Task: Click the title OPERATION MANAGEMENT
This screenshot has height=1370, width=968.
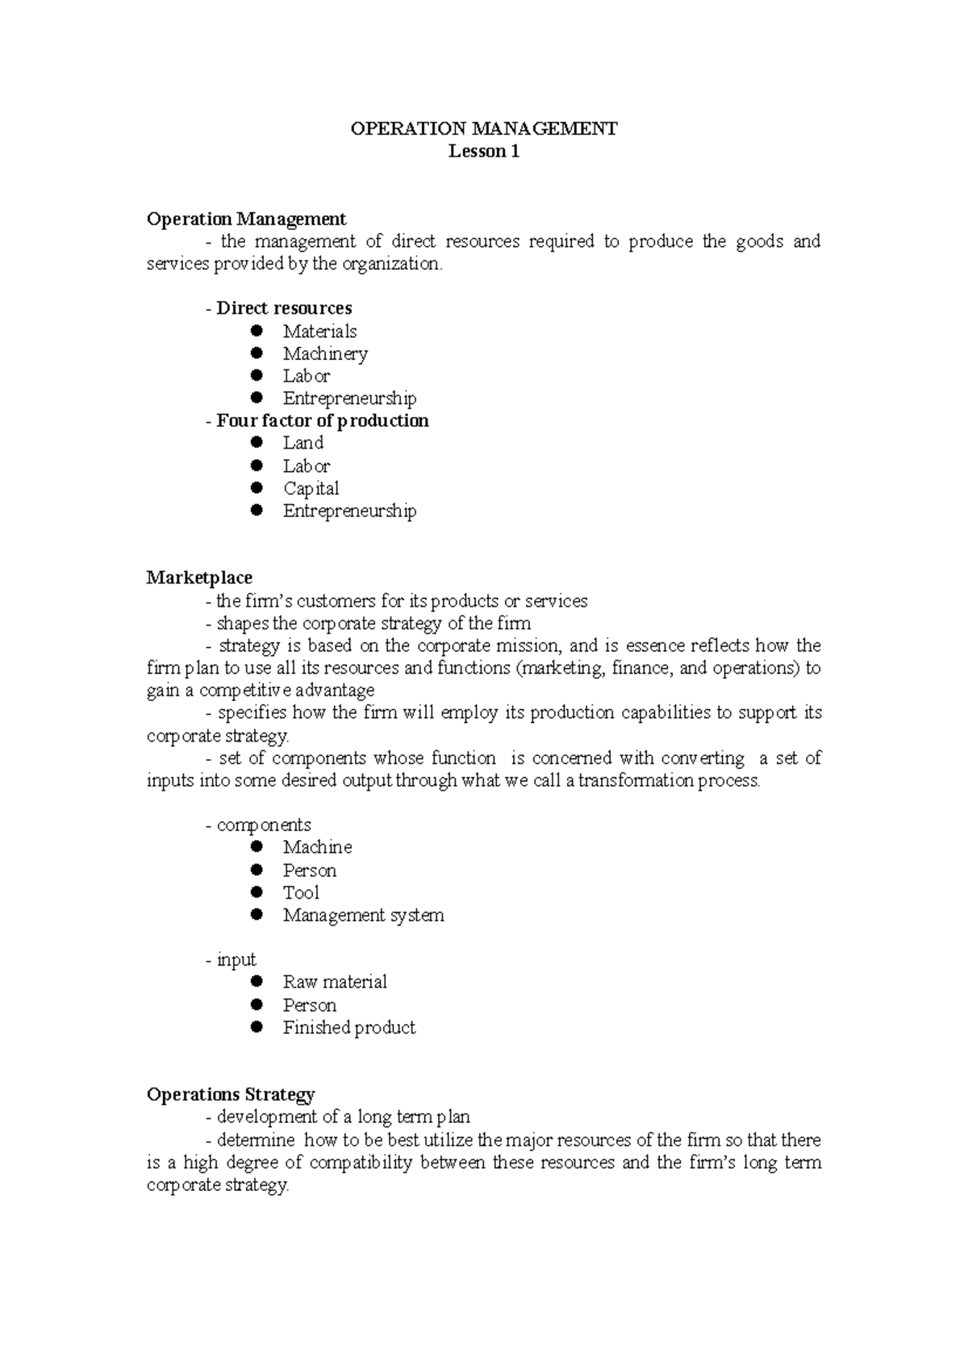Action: click(483, 128)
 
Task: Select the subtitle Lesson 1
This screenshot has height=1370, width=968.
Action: click(483, 151)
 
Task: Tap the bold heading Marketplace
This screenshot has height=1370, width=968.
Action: click(199, 578)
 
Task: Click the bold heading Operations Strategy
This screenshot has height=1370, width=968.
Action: click(230, 1094)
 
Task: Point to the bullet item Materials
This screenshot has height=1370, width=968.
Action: click(319, 331)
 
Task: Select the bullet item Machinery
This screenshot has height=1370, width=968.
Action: click(325, 353)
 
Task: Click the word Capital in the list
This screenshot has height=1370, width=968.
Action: click(311, 488)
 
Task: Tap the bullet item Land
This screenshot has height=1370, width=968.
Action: click(302, 443)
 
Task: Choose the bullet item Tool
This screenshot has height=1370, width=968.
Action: click(301, 892)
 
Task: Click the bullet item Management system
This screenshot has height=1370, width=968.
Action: click(363, 915)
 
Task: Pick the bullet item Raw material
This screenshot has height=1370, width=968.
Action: click(335, 982)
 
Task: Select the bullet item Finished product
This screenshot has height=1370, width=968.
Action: click(348, 1027)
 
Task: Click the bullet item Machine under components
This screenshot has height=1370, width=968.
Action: click(317, 847)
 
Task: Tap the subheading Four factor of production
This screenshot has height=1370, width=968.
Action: click(322, 420)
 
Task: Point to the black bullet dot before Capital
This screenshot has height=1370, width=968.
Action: click(257, 487)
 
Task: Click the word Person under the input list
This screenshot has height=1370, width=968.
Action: click(309, 1005)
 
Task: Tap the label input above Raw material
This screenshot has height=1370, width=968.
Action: click(236, 959)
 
